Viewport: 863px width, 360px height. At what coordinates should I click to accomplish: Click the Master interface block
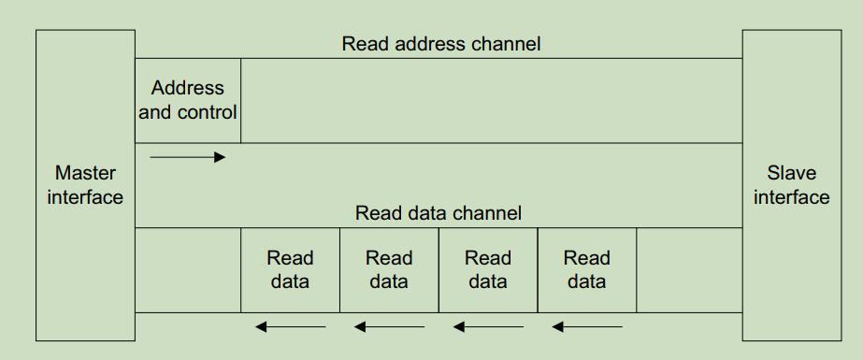pyautogui.click(x=85, y=185)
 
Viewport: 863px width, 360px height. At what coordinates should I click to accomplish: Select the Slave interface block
pyautogui.click(x=791, y=185)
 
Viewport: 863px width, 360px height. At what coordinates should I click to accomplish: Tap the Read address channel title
pyautogui.click(x=441, y=44)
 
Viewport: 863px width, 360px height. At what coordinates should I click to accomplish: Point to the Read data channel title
pyautogui.click(x=439, y=213)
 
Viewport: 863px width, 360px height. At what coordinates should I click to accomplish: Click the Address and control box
pyautogui.click(x=188, y=100)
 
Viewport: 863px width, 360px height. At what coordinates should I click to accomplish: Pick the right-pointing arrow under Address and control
pyautogui.click(x=188, y=157)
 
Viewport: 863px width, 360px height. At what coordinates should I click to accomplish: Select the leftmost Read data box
pyautogui.click(x=290, y=269)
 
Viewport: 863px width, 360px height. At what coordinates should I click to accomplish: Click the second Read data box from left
pyautogui.click(x=389, y=269)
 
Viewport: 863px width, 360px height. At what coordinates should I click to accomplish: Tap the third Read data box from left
pyautogui.click(x=488, y=269)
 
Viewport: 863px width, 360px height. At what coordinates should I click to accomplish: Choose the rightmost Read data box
pyautogui.click(x=587, y=269)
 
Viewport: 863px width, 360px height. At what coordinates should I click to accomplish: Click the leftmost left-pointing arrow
pyautogui.click(x=291, y=326)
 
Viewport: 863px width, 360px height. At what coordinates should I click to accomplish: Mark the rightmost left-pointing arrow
pyautogui.click(x=587, y=326)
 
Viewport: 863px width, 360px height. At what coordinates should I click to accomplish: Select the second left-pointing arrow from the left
pyautogui.click(x=389, y=326)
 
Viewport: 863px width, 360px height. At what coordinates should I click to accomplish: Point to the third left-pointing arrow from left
pyautogui.click(x=488, y=326)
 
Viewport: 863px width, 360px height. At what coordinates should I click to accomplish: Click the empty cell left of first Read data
pyautogui.click(x=188, y=269)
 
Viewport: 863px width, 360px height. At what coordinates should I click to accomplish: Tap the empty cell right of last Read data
pyautogui.click(x=689, y=269)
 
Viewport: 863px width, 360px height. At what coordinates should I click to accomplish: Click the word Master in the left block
pyautogui.click(x=85, y=173)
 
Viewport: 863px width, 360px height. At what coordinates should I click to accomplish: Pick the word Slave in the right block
pyautogui.click(x=791, y=173)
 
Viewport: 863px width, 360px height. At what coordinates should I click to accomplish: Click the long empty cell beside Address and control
pyautogui.click(x=491, y=100)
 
